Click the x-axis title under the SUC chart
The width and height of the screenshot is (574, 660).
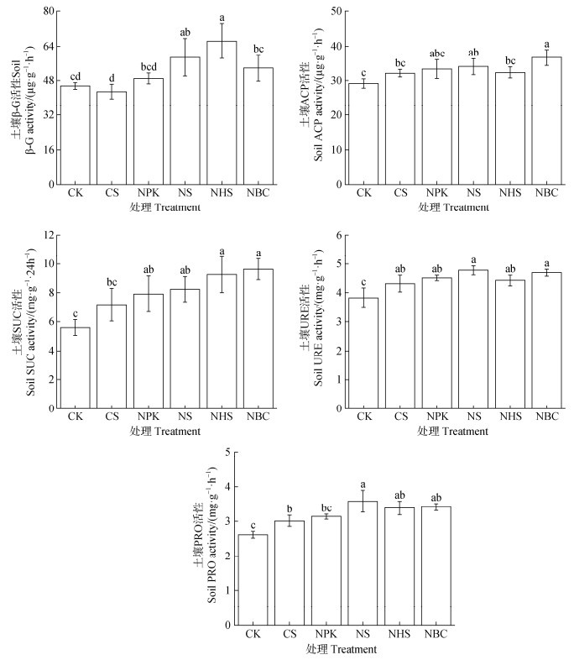165,432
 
